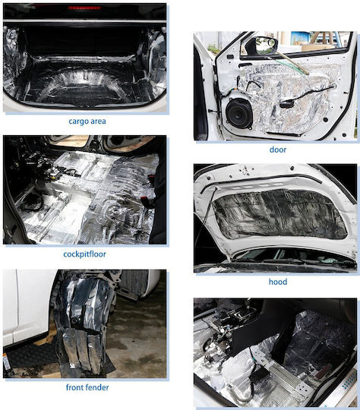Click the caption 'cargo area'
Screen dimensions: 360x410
(x=87, y=121)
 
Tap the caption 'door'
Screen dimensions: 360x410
(x=277, y=150)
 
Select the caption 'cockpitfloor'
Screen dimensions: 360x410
(x=84, y=254)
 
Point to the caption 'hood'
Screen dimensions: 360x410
(x=277, y=282)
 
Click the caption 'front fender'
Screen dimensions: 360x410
(x=87, y=387)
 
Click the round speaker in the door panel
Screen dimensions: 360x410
(x=239, y=113)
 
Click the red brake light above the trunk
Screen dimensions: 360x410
(x=84, y=8)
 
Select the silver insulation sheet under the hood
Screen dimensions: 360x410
(x=279, y=214)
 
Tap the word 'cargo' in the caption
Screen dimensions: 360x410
(x=78, y=121)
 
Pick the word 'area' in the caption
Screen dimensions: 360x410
(x=98, y=121)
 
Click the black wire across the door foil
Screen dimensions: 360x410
(x=308, y=93)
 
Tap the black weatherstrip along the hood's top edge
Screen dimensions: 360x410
(x=261, y=178)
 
